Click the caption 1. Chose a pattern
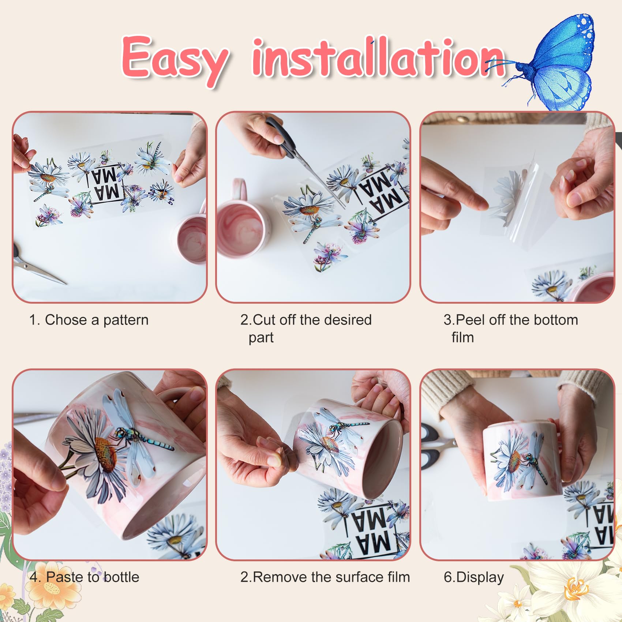(89, 320)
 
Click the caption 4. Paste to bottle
(85, 577)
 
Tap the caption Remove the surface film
(331, 577)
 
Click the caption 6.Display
(474, 577)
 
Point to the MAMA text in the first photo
(106, 185)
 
